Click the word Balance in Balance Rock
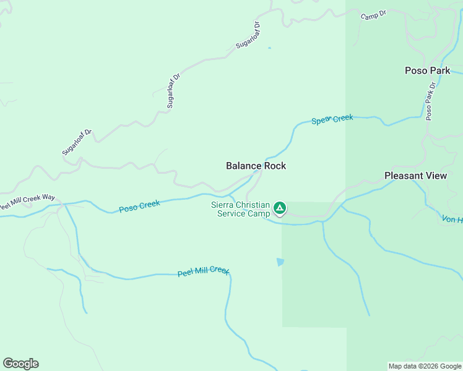[243, 166]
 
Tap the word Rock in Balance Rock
[275, 166]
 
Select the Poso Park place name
[427, 70]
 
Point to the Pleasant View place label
[415, 176]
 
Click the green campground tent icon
[280, 208]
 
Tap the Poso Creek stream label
[139, 206]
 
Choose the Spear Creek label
[332, 119]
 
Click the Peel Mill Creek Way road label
[27, 202]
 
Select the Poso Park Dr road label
[430, 100]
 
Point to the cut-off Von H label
[452, 220]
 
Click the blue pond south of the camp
[280, 262]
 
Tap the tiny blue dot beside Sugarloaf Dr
[269, 48]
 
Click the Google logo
[20, 364]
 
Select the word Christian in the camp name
[253, 205]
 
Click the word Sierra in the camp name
[223, 205]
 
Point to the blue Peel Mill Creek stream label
[203, 271]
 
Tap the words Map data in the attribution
[403, 366]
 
